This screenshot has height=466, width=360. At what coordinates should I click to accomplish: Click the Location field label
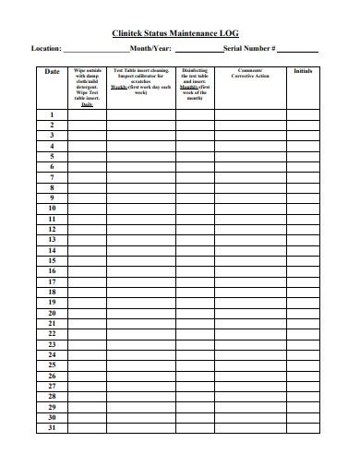(x=47, y=48)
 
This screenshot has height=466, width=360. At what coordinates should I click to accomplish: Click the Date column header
(x=52, y=71)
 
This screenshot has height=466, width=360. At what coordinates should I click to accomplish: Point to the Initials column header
(x=303, y=71)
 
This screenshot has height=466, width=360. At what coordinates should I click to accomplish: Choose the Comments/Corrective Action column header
(x=249, y=74)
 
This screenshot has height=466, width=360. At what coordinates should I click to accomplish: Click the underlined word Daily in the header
(x=87, y=104)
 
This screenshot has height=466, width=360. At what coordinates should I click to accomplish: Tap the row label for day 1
(x=52, y=114)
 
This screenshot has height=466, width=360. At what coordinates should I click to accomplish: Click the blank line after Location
(x=96, y=51)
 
